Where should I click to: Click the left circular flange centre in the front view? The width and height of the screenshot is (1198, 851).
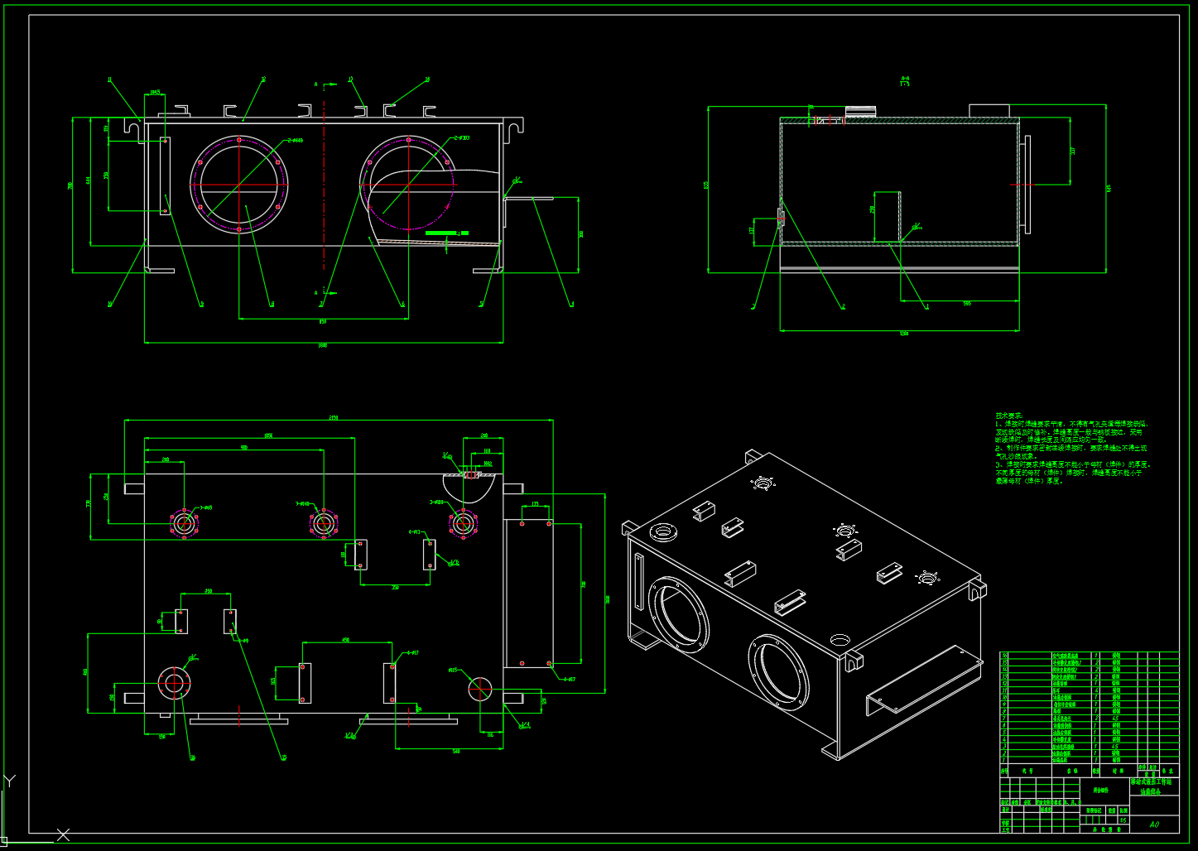tap(238, 184)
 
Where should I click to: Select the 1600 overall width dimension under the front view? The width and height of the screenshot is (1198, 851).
tap(323, 345)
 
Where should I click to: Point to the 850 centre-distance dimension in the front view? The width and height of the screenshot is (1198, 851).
tap(323, 321)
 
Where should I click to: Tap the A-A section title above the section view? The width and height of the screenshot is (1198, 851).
tap(905, 80)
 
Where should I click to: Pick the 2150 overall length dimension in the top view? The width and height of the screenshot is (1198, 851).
tap(334, 417)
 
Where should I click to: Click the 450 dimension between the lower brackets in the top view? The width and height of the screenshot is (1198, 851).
tap(346, 640)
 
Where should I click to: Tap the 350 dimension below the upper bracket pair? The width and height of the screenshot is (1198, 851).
tap(395, 587)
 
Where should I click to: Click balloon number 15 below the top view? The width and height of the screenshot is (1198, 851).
tap(283, 757)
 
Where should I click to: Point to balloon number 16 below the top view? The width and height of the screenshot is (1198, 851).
tap(193, 757)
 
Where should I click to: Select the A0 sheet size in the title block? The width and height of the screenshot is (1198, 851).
tap(1154, 824)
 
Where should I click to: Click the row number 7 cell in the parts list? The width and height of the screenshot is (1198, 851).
tap(1005, 716)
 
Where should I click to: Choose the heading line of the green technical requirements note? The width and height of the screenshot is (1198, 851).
tap(1009, 416)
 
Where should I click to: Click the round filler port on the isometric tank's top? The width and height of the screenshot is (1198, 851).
tap(663, 531)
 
